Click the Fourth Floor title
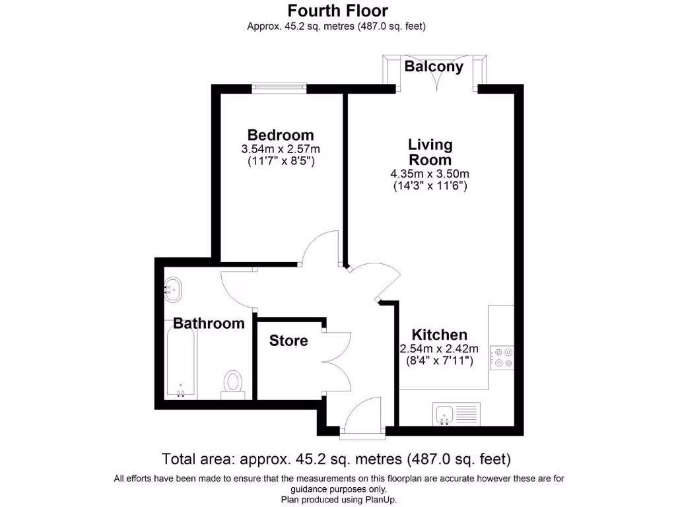[x=337, y=11]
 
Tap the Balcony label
[x=434, y=67]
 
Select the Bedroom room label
[x=281, y=135]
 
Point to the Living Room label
[x=430, y=152]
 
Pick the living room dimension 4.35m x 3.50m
[x=430, y=174]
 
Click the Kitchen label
[x=440, y=335]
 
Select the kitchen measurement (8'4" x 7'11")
[x=440, y=360]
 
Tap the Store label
[x=288, y=341]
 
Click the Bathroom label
[x=209, y=323]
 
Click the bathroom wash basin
[x=174, y=289]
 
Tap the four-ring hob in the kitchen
[x=502, y=357]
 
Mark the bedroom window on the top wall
[x=279, y=85]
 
